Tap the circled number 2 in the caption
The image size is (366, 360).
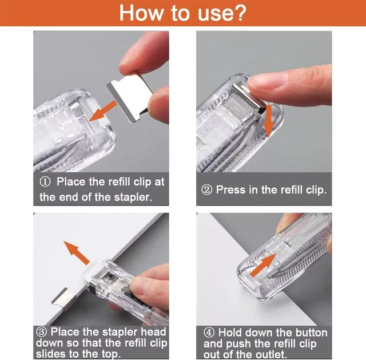click(206, 189)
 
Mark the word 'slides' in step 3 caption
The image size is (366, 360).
click(54, 355)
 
